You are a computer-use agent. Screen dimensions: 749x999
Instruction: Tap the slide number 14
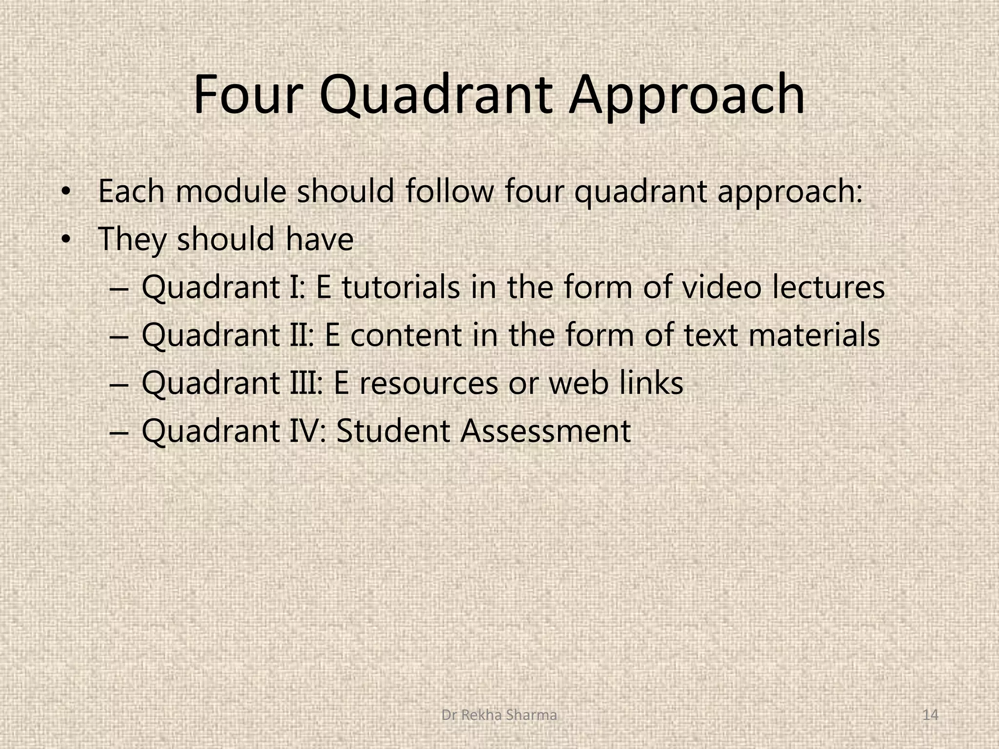tap(931, 715)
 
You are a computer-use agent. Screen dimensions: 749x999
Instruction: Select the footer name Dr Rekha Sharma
tap(499, 715)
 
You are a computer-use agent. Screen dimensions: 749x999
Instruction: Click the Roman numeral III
tap(305, 383)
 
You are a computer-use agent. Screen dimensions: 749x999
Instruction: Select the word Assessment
tap(546, 431)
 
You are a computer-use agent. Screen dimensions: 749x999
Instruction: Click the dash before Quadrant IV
tap(118, 432)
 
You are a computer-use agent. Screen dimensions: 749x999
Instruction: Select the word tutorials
tap(401, 287)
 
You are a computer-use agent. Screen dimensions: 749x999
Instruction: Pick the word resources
tap(429, 383)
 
